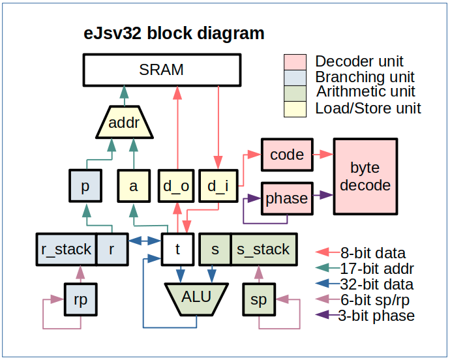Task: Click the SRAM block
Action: click(x=162, y=69)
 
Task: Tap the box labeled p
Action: click(x=85, y=186)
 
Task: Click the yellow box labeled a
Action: click(x=134, y=186)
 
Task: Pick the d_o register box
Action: click(x=175, y=186)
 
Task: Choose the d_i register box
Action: click(x=217, y=186)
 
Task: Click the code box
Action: click(x=287, y=155)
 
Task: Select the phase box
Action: click(x=287, y=198)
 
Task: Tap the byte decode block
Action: click(x=365, y=176)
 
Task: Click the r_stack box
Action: click(x=65, y=248)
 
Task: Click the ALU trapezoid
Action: click(x=196, y=298)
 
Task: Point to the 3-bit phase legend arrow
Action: click(x=325, y=316)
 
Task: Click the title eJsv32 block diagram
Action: click(x=175, y=33)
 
